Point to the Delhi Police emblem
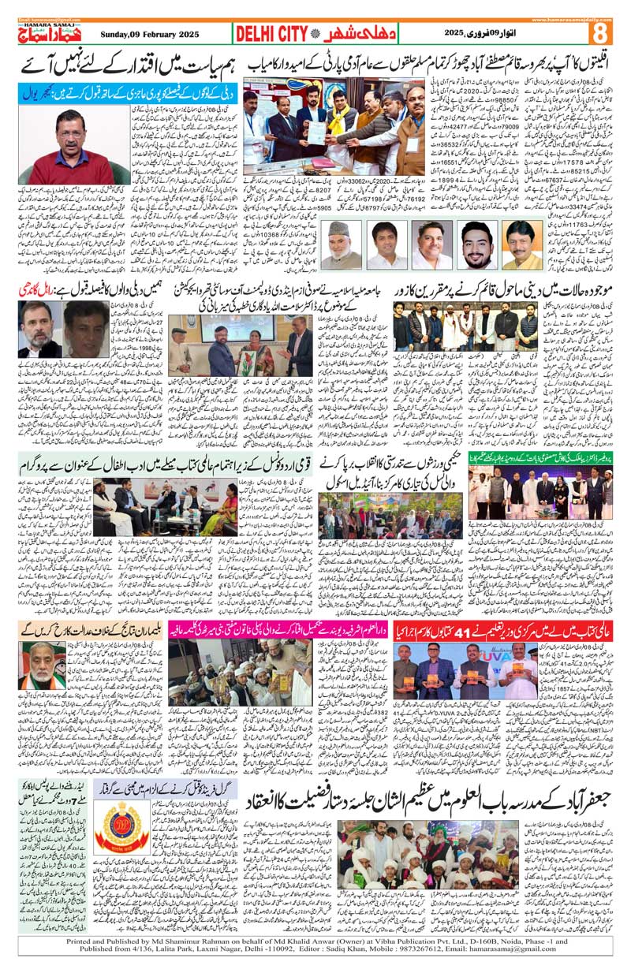tap(121, 827)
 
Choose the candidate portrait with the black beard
tap(476, 245)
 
